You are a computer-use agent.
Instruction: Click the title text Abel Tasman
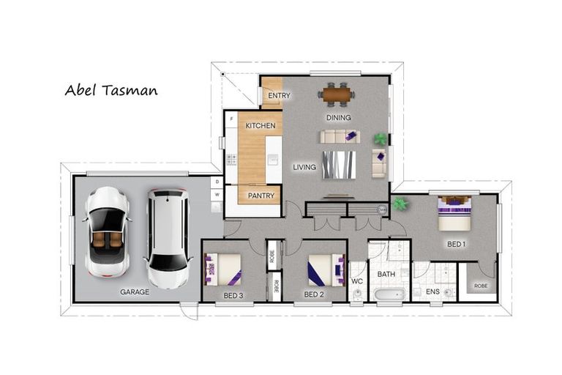(x=110, y=91)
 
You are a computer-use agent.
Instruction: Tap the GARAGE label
(x=135, y=292)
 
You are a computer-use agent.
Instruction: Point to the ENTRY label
(x=279, y=96)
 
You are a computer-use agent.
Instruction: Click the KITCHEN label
(x=260, y=126)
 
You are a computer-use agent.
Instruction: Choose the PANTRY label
(x=261, y=196)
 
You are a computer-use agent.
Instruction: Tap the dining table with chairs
(x=337, y=94)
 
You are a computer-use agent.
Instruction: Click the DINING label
(x=338, y=117)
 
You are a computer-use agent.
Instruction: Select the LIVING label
(x=304, y=167)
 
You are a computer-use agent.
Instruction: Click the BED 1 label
(x=455, y=244)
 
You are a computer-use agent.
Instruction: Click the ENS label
(x=432, y=292)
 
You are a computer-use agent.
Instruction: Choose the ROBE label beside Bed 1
(x=480, y=286)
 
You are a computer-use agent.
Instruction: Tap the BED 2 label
(x=314, y=295)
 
